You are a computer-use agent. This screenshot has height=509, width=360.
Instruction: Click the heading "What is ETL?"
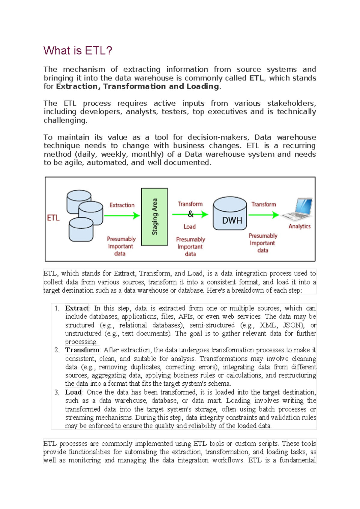click(78, 50)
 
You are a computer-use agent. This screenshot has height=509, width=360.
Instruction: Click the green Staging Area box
click(154, 217)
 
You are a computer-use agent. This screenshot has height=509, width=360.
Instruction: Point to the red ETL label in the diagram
click(53, 218)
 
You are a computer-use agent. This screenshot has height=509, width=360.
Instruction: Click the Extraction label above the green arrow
click(122, 205)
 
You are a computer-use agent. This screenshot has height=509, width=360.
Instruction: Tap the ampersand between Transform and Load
click(190, 214)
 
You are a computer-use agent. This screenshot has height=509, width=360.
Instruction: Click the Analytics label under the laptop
click(299, 226)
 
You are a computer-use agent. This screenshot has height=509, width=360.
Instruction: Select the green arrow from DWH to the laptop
click(263, 215)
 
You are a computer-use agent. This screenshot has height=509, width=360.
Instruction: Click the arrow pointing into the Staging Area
click(121, 215)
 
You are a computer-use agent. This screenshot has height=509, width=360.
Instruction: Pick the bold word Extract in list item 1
click(77, 308)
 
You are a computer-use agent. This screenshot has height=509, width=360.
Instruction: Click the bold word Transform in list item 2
click(82, 350)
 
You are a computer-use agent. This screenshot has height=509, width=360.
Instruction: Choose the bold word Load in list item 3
click(73, 392)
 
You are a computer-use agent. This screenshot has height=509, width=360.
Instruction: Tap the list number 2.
click(57, 350)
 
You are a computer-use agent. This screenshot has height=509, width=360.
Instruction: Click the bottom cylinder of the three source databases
click(81, 230)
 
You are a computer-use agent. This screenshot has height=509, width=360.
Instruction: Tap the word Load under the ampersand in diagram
click(190, 227)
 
